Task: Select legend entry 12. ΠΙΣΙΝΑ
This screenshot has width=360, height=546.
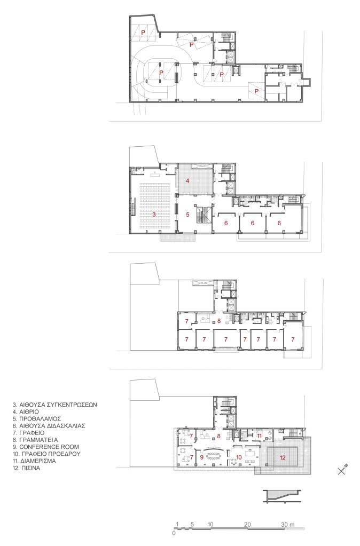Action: [x=26, y=468]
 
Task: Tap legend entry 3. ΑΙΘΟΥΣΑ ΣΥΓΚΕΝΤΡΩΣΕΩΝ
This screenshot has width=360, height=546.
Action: [x=54, y=405]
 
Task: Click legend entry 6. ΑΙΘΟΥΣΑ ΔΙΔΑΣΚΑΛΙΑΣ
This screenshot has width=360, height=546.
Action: [x=49, y=425]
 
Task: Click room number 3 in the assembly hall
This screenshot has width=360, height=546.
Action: [x=154, y=215]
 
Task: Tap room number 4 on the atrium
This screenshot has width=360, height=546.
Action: [x=187, y=181]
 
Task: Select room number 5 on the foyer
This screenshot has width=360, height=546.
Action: [x=187, y=215]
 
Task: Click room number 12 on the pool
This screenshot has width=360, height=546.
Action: [x=283, y=457]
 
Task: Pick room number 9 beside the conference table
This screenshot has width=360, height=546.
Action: [x=201, y=457]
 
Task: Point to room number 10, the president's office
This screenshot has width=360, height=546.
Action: [x=239, y=457]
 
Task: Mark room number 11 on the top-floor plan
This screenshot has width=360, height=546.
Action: [x=259, y=436]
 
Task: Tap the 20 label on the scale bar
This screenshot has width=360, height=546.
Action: [x=247, y=525]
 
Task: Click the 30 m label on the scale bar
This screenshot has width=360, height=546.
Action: [x=288, y=525]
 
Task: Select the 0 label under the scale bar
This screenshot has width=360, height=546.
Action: [x=174, y=533]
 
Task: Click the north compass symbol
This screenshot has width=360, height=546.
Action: [x=342, y=470]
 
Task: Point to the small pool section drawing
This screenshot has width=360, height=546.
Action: [x=281, y=496]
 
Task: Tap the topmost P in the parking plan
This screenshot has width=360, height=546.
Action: [x=143, y=32]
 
